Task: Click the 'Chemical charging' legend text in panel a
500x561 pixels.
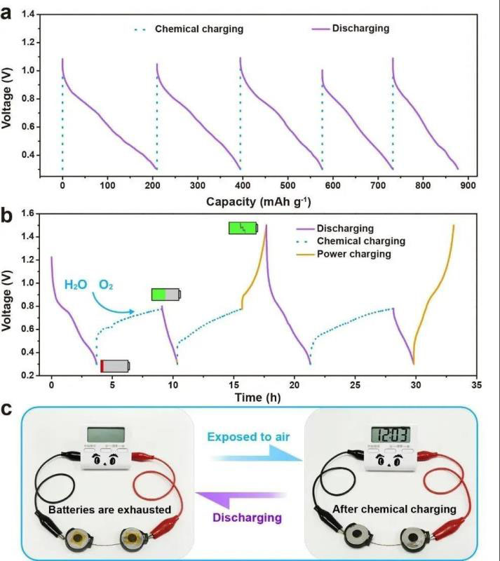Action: pyautogui.click(x=198, y=29)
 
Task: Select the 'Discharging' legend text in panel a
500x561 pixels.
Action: pyautogui.click(x=360, y=29)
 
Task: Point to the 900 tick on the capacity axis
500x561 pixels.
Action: pyautogui.click(x=468, y=186)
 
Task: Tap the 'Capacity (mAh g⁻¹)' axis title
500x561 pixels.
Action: pyautogui.click(x=258, y=202)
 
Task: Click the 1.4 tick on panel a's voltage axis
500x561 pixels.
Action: pyautogui.click(x=30, y=14)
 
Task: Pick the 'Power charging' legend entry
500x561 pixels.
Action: pyautogui.click(x=353, y=254)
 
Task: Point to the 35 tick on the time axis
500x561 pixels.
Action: pyautogui.click(x=477, y=386)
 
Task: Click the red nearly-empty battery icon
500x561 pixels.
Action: pyautogui.click(x=115, y=365)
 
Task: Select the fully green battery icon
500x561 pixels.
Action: pyautogui.click(x=243, y=228)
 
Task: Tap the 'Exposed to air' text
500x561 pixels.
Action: pyautogui.click(x=249, y=435)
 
